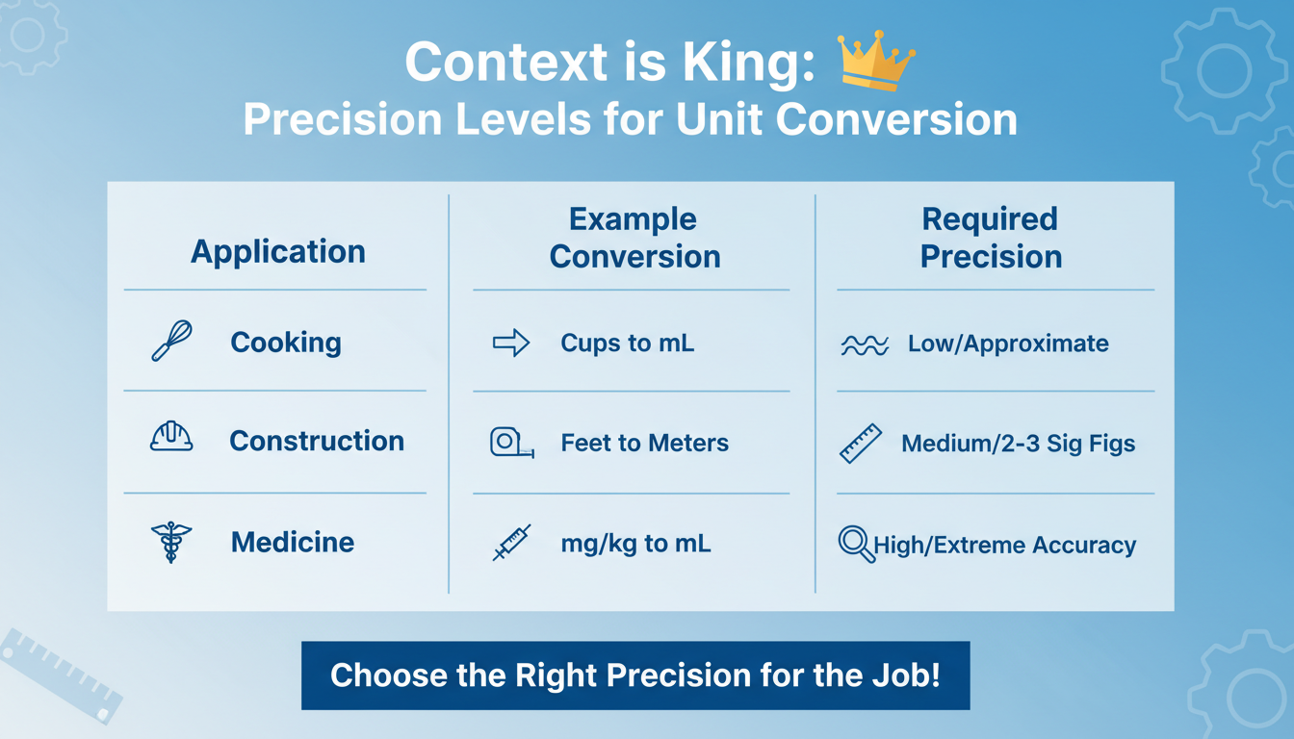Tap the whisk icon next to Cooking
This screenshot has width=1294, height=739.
(x=172, y=342)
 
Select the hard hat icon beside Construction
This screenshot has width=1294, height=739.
(x=172, y=438)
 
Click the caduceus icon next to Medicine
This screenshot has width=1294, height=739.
(x=171, y=542)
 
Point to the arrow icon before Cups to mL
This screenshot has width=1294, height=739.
(x=511, y=343)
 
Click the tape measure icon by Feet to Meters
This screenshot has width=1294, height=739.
(x=511, y=443)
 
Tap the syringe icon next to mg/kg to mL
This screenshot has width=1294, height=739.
(x=511, y=543)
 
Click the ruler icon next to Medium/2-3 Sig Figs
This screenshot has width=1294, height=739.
(x=860, y=444)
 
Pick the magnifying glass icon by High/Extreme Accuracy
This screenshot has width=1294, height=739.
(x=856, y=545)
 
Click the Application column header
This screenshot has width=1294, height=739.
(x=278, y=252)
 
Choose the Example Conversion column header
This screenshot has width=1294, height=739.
(x=634, y=238)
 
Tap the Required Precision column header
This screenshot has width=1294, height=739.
(x=991, y=238)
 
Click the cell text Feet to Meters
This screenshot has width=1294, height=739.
(x=644, y=443)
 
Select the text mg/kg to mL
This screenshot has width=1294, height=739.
(x=635, y=543)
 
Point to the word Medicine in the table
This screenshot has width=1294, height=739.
(x=293, y=542)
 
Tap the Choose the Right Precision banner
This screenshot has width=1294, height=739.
(x=634, y=675)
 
